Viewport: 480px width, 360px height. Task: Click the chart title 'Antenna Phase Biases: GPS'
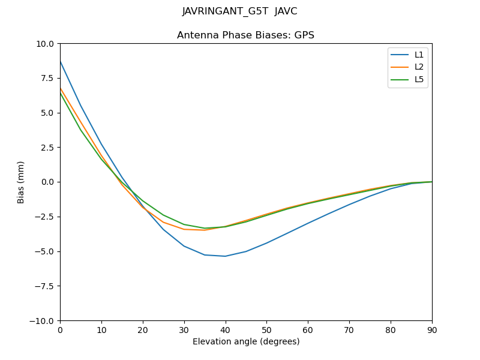pyautogui.click(x=245, y=35)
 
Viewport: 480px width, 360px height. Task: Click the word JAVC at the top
pyautogui.click(x=286, y=11)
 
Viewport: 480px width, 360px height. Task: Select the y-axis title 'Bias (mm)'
pyautogui.click(x=21, y=182)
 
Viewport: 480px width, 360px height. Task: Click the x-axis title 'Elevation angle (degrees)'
pyautogui.click(x=246, y=342)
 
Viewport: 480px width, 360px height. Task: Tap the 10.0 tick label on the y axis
pyautogui.click(x=45, y=44)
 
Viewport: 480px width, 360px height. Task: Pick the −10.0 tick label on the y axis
pyautogui.click(x=42, y=320)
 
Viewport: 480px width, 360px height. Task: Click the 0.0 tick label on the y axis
pyautogui.click(x=47, y=182)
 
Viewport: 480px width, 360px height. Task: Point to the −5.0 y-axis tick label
pyautogui.click(x=44, y=251)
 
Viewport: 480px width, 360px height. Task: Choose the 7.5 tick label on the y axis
pyautogui.click(x=47, y=78)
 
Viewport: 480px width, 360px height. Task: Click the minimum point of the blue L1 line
pyautogui.click(x=225, y=256)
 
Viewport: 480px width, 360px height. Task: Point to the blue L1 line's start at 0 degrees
pyautogui.click(x=61, y=61)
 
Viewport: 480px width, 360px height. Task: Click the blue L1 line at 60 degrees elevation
pyautogui.click(x=308, y=223)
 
